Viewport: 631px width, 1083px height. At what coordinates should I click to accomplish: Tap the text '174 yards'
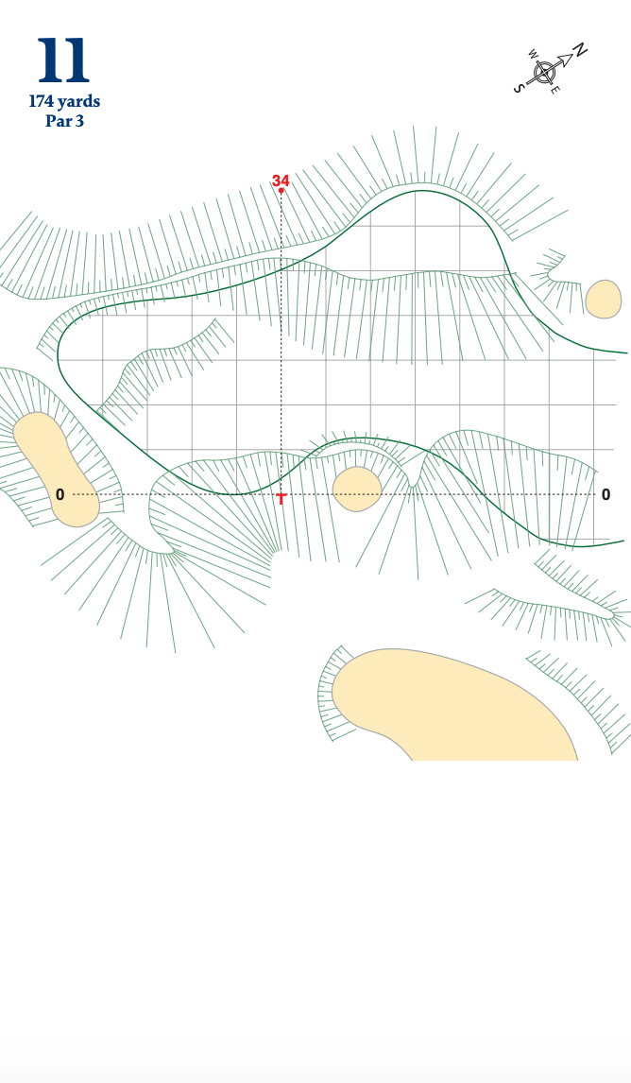64,101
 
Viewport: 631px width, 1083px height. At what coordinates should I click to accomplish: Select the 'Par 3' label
64,121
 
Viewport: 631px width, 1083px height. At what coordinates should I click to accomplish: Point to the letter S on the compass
519,88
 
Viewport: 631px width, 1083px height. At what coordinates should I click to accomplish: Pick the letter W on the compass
534,54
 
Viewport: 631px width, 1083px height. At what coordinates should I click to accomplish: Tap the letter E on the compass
555,90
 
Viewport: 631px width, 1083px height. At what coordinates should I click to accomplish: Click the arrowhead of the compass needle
566,60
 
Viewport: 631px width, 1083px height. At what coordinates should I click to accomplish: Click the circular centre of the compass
546,72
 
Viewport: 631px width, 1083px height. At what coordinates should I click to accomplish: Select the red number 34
281,180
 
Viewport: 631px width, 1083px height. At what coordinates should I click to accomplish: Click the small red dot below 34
281,191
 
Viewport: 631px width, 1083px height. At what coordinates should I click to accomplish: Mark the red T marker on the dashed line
281,497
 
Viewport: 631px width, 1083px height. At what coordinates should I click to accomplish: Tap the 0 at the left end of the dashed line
60,494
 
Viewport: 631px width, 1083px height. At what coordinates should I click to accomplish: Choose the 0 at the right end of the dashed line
605,494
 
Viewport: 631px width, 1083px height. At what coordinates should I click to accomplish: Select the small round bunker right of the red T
357,489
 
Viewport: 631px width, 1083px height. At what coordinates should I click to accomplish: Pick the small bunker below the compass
604,299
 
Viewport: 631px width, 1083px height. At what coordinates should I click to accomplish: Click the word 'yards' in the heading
78,101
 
